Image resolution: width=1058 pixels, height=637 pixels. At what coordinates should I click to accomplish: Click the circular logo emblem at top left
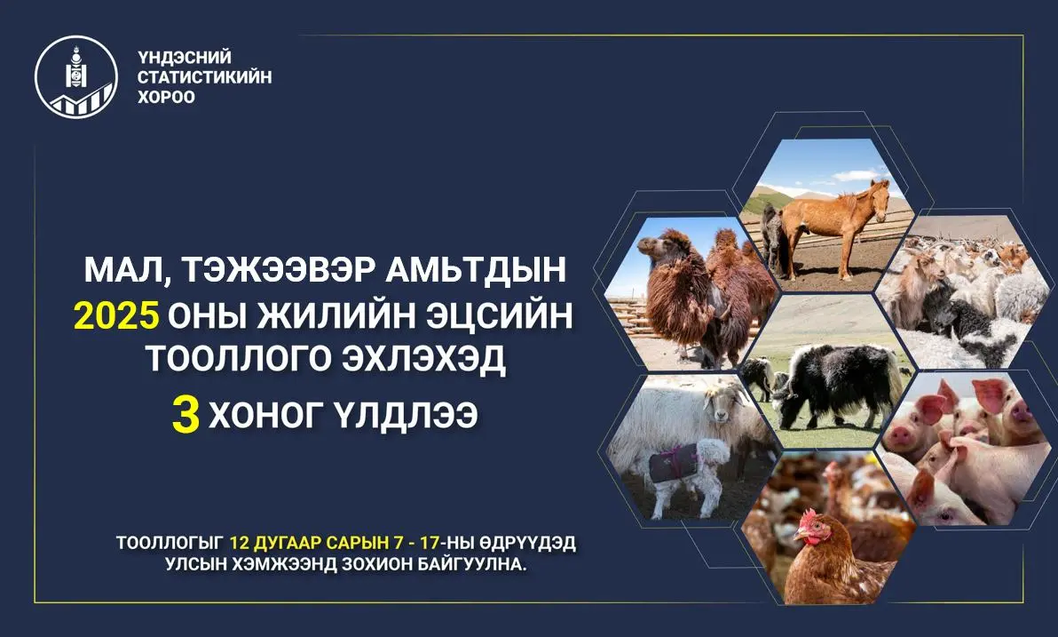click(x=76, y=76)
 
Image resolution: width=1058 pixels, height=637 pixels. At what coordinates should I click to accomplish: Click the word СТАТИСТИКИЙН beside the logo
click(x=204, y=76)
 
